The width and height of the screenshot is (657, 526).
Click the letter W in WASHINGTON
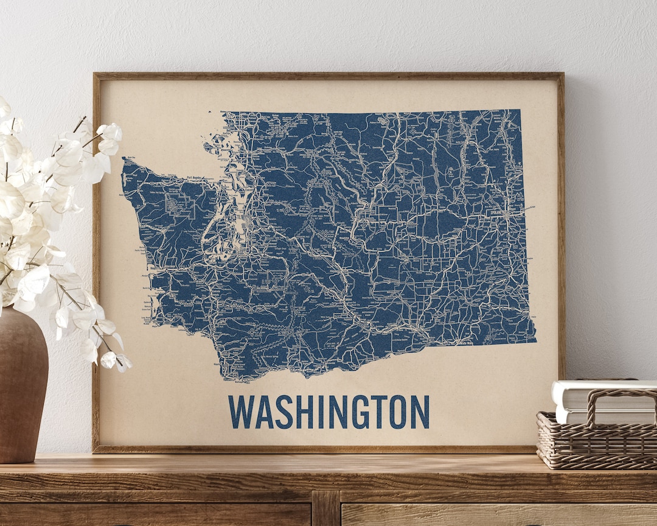[240, 412]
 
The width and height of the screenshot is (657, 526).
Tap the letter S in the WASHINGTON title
[284, 412]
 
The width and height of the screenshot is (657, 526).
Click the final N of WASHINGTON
[419, 412]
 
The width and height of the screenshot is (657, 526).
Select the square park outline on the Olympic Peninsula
[181, 207]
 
